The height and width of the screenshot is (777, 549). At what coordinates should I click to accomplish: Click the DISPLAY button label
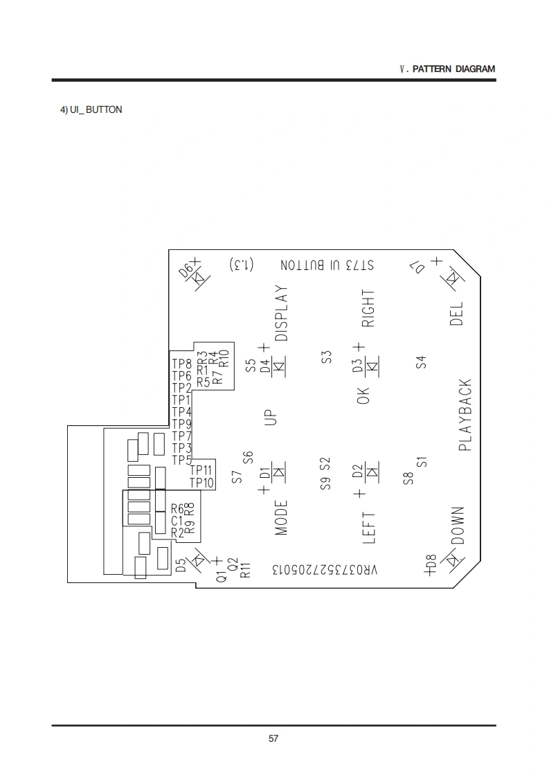pyautogui.click(x=281, y=313)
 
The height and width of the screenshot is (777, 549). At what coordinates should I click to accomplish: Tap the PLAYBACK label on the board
pyautogui.click(x=465, y=415)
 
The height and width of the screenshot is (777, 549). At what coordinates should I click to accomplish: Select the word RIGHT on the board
pyautogui.click(x=368, y=308)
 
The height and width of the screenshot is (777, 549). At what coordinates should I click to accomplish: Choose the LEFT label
pyautogui.click(x=369, y=527)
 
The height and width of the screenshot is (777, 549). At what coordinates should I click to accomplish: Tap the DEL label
pyautogui.click(x=457, y=314)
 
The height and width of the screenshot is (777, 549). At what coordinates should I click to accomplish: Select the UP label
pyautogui.click(x=271, y=416)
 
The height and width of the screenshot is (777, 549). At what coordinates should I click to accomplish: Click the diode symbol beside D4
pyautogui.click(x=279, y=366)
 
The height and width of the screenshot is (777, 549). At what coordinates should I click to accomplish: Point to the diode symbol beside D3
pyautogui.click(x=372, y=365)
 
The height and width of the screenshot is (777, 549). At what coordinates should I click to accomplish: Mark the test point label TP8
pyautogui.click(x=181, y=364)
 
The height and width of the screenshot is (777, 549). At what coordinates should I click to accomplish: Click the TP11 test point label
pyautogui.click(x=201, y=470)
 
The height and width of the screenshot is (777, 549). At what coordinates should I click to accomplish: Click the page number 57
pyautogui.click(x=273, y=739)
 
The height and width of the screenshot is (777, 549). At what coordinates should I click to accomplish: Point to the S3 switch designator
pyautogui.click(x=327, y=357)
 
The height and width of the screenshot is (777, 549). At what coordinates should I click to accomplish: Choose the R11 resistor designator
pyautogui.click(x=244, y=569)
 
